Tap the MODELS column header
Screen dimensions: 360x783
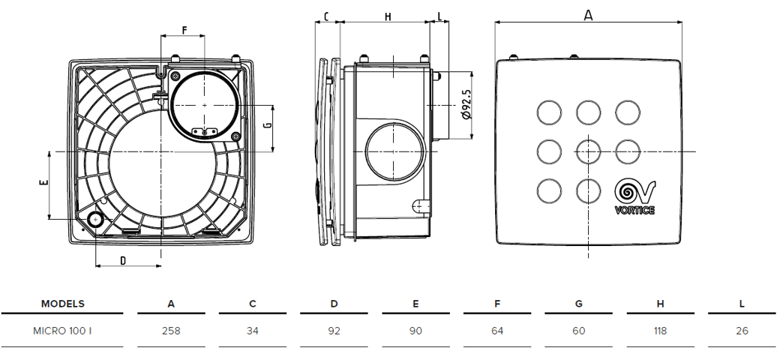[x=62, y=304]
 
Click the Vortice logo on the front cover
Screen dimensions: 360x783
[x=634, y=197]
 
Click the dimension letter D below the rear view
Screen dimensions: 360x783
[x=124, y=260]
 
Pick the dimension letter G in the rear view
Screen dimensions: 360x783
[x=268, y=124]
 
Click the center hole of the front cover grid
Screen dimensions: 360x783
[x=588, y=151]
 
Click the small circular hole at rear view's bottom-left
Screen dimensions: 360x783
[x=94, y=219]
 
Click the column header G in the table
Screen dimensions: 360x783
[x=578, y=304]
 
